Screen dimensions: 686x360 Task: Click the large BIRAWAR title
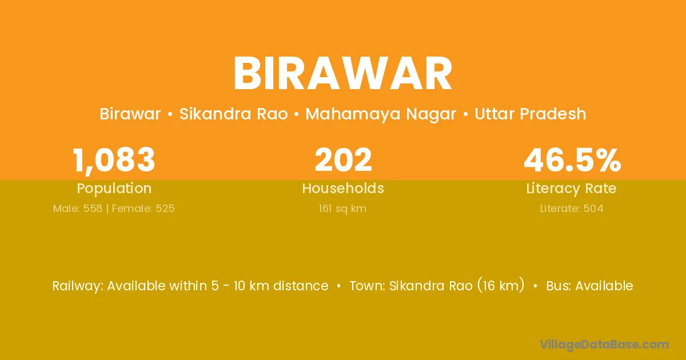(x=343, y=74)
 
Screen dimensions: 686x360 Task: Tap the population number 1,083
(x=114, y=161)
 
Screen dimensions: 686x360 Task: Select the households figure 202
(x=343, y=160)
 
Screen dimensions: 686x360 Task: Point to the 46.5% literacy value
(x=572, y=160)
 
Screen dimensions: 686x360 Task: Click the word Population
(x=114, y=189)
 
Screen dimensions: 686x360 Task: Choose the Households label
(x=343, y=188)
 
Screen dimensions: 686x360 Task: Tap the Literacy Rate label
(x=571, y=189)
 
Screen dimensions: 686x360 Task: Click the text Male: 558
(x=78, y=209)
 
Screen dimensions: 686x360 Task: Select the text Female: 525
(x=143, y=209)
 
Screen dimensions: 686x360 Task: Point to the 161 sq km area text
(x=342, y=209)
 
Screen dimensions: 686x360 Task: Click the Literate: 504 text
(x=572, y=209)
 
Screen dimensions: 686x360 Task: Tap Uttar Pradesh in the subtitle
(x=531, y=114)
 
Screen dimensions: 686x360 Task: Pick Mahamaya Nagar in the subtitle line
(x=381, y=114)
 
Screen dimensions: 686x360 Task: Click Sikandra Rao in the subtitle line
(x=233, y=114)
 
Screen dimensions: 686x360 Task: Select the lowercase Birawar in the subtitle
(x=130, y=114)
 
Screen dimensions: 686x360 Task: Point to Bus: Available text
(x=589, y=286)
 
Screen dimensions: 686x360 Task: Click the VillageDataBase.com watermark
(x=604, y=345)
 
